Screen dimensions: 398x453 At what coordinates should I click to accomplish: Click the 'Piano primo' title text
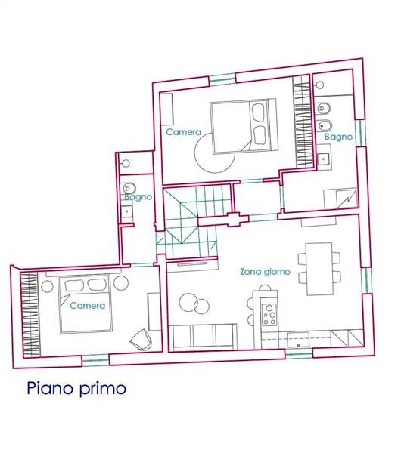click(x=76, y=389)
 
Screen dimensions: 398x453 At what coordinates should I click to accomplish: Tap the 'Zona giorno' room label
click(x=265, y=272)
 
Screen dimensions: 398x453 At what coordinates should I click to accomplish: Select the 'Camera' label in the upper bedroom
click(x=184, y=132)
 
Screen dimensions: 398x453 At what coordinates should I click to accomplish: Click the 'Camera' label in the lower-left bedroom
click(x=88, y=306)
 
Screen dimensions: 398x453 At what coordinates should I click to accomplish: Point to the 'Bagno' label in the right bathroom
click(x=339, y=137)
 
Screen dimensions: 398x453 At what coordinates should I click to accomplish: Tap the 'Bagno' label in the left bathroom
click(x=138, y=197)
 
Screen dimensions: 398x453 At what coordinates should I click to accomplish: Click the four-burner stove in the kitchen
click(x=269, y=314)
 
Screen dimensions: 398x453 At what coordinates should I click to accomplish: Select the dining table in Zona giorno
click(x=319, y=269)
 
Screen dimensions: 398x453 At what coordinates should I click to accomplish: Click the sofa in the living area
click(x=202, y=337)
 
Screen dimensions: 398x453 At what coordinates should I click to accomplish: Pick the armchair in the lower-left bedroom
click(x=141, y=340)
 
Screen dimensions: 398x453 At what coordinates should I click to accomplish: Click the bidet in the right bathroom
click(x=325, y=125)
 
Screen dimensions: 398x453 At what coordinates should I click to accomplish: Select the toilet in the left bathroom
click(x=129, y=188)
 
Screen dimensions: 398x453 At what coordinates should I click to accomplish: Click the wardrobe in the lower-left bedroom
click(x=31, y=315)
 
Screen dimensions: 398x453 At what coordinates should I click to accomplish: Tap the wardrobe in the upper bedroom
click(x=303, y=122)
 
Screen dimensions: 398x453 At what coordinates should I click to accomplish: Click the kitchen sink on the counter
click(x=298, y=340)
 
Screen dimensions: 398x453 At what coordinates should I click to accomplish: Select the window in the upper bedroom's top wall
click(x=222, y=79)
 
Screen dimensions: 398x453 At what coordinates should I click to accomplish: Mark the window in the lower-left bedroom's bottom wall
click(x=95, y=360)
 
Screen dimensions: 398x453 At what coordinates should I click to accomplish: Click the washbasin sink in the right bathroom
click(x=323, y=159)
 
